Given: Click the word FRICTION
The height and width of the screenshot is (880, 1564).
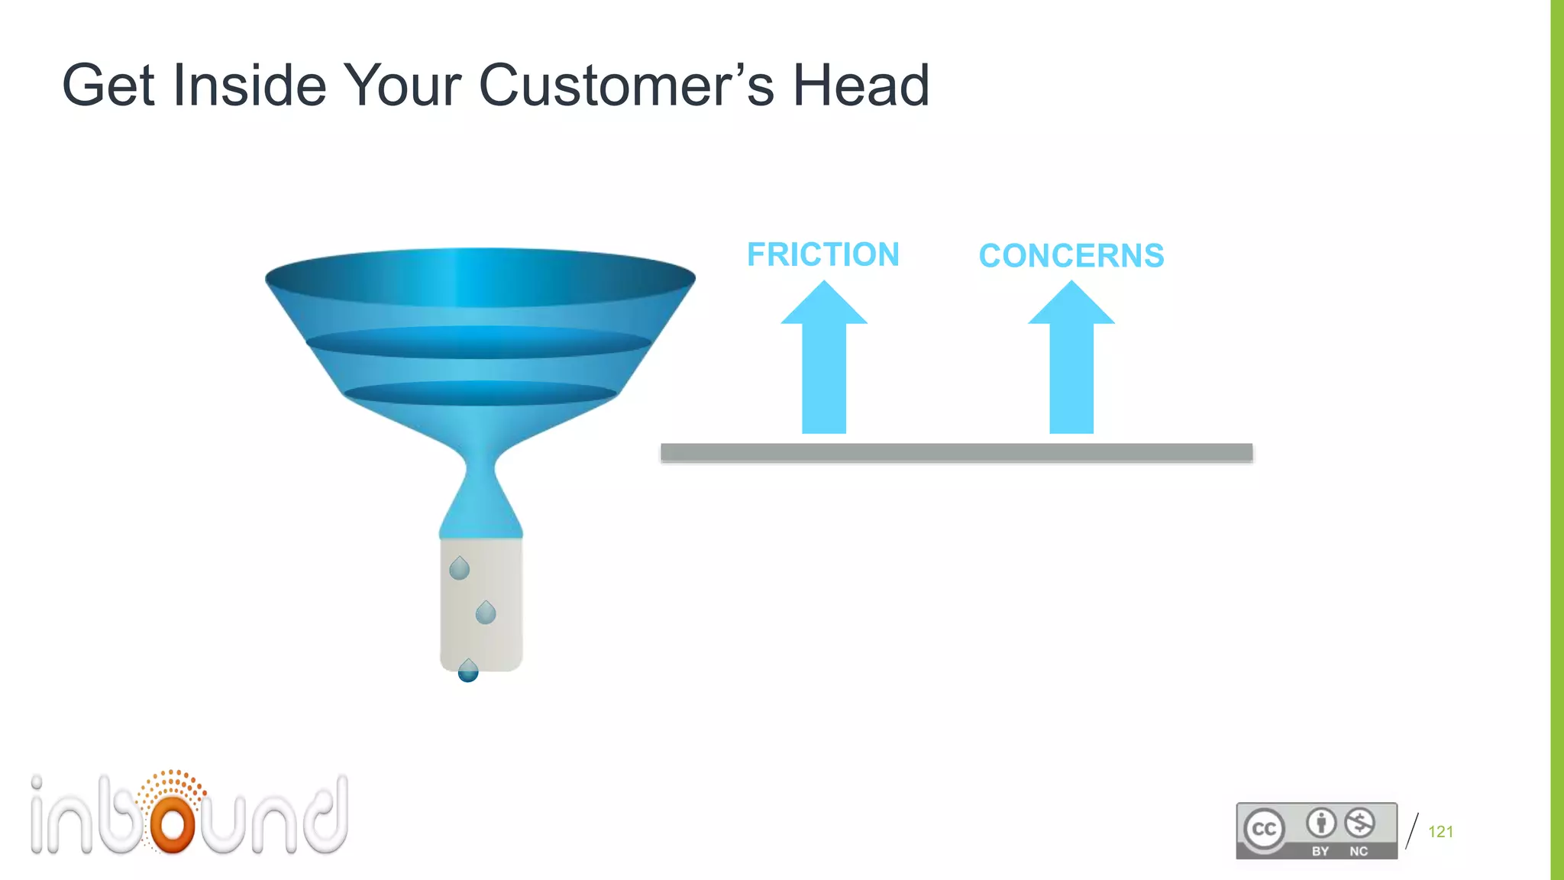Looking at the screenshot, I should pos(822,254).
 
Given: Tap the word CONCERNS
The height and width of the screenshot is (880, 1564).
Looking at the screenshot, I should pos(1071,255).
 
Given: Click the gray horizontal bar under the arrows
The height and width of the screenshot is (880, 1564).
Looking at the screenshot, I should pos(956,453).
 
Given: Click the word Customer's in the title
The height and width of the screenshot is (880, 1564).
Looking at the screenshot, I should pos(626,86).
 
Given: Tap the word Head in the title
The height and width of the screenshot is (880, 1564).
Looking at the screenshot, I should pos(861,86).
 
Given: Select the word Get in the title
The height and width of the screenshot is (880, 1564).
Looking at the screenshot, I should pos(108,86).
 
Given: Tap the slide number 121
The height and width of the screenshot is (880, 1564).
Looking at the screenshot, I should pos(1440,832).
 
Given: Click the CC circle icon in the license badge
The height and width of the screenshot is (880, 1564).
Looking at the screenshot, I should pos(1264,829).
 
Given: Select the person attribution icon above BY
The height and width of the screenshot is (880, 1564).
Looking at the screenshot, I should pos(1321,823).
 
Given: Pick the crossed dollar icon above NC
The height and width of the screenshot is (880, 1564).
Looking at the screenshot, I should pos(1359,823).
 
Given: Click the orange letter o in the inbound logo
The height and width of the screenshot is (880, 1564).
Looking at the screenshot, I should pos(173,824).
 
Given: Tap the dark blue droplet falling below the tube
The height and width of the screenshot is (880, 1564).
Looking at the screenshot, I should pos(468,671).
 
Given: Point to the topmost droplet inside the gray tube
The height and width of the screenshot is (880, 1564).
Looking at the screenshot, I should pos(459,568).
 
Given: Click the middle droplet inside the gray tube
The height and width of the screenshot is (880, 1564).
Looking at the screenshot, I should pos(486,613).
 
